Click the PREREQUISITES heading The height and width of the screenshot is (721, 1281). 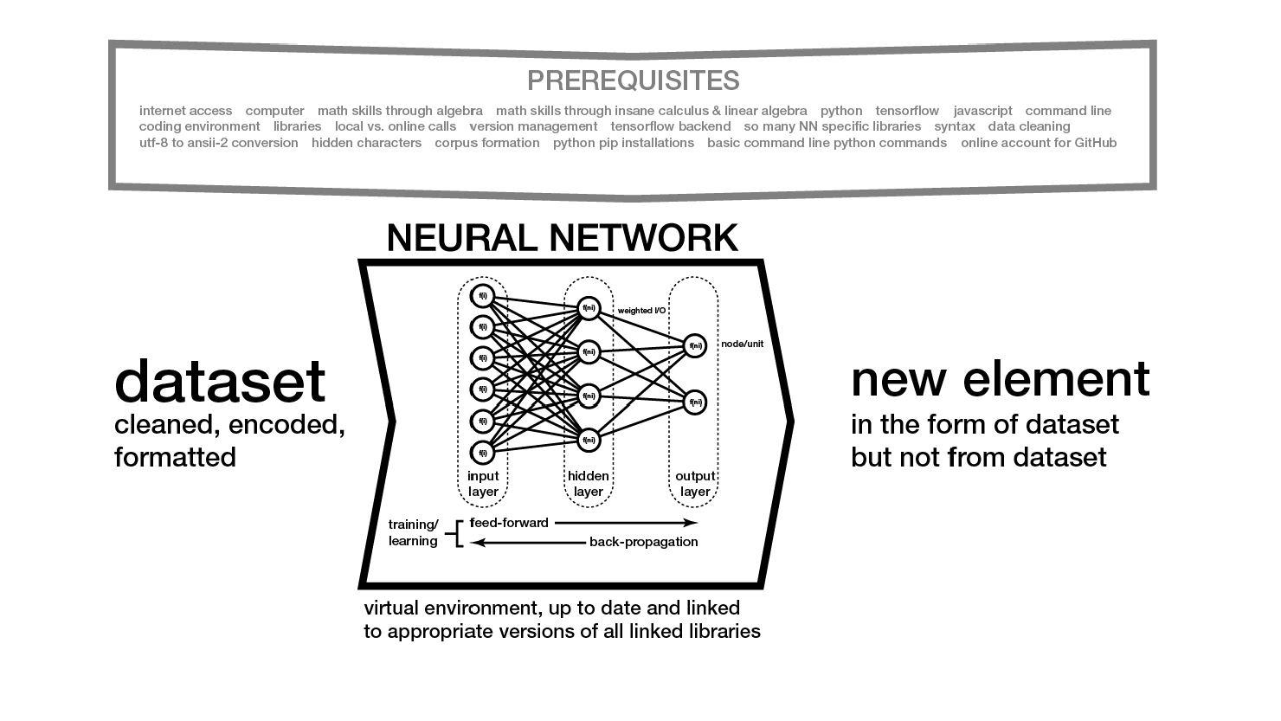tap(633, 80)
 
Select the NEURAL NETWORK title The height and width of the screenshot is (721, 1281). tap(562, 238)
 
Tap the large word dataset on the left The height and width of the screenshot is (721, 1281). tap(220, 381)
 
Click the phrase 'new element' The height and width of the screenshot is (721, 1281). tap(1000, 379)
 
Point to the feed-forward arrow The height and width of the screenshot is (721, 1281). tap(625, 523)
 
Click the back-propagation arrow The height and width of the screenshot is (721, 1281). tap(528, 543)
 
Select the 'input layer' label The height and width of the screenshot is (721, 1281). tap(483, 484)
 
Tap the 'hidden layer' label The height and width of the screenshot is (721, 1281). tap(589, 484)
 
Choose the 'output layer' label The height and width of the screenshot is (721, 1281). tap(695, 484)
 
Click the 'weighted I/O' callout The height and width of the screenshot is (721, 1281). tap(641, 311)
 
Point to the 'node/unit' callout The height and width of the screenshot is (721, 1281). tap(742, 344)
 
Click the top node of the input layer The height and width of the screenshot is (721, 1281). tap(482, 296)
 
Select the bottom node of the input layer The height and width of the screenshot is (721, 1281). tap(482, 452)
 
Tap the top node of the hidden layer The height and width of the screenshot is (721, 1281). tap(589, 307)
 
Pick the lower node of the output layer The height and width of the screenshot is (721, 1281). tap(694, 402)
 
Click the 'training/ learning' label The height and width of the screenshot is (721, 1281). tap(413, 532)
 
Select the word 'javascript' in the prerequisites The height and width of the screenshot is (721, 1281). tap(982, 111)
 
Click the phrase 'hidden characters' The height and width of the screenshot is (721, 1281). tap(366, 143)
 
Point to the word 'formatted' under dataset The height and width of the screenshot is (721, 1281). tap(175, 456)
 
